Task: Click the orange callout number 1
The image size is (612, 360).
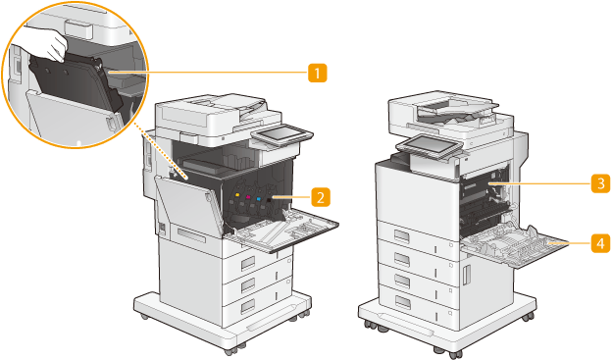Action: (318, 73)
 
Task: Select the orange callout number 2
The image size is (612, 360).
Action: (321, 197)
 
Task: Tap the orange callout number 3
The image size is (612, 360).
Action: (600, 183)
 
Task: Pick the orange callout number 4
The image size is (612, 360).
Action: (600, 242)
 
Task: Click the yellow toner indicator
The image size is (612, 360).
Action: (237, 194)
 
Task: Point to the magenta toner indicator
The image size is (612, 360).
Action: (248, 196)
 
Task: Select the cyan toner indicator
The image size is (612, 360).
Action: (258, 198)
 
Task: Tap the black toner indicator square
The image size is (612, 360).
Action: (269, 200)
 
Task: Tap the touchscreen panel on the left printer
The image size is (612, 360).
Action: (281, 135)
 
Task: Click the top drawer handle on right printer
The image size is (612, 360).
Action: (401, 236)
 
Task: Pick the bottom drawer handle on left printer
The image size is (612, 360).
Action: (248, 306)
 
